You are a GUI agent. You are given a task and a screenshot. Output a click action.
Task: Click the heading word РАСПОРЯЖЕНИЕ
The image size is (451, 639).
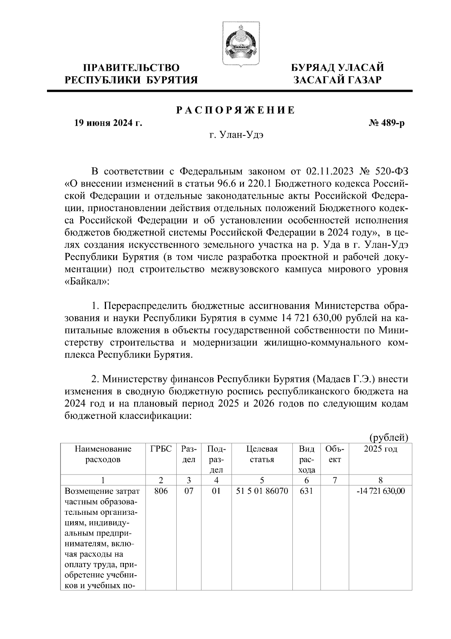(236, 110)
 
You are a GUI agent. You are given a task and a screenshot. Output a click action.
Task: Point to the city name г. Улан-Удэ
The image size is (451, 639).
(236, 136)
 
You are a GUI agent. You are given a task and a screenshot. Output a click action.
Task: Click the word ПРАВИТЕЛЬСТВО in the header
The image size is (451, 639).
(131, 68)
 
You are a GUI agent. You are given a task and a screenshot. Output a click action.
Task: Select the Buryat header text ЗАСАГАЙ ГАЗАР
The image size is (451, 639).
(337, 80)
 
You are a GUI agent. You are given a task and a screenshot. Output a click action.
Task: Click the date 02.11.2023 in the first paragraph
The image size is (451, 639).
(330, 172)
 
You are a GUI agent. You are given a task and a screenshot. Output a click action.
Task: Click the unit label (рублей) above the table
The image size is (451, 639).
(389, 437)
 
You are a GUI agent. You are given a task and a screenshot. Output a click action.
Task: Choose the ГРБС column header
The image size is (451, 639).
(161, 449)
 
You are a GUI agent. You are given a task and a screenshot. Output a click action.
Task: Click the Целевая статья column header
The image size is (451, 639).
(262, 454)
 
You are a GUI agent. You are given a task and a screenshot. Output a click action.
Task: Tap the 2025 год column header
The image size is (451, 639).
(380, 449)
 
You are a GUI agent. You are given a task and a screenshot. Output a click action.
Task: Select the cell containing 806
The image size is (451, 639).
(161, 491)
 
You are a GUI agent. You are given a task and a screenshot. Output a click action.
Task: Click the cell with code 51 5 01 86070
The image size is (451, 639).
(262, 491)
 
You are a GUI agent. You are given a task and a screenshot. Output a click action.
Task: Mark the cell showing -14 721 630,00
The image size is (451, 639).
(380, 491)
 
